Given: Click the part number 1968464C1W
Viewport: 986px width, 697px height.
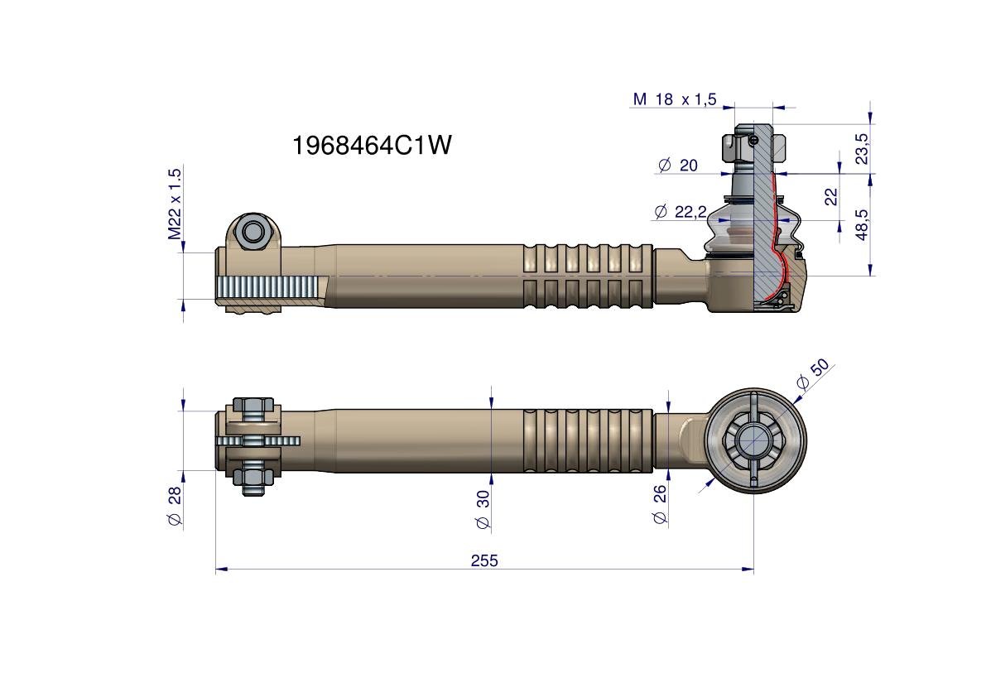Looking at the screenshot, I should pos(372,146).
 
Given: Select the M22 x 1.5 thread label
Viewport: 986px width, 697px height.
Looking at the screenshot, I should pos(175,204).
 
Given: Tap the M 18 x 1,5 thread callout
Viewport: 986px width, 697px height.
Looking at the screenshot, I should pos(674,99).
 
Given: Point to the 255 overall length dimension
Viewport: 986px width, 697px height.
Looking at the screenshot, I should pos(484,560).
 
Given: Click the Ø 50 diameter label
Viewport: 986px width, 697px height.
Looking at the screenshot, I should pos(811,374).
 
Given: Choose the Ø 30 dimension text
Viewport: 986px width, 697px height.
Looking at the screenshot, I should pos(483,509).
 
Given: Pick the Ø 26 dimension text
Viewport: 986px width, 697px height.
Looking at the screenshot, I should pos(660,505).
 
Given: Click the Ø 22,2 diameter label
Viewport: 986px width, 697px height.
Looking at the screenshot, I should pos(685,212).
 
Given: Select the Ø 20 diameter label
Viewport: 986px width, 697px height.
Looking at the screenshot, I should pos(678,166).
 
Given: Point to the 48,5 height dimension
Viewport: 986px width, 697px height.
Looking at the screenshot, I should pos(863,224).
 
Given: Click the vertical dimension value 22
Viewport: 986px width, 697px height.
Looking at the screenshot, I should pos(831,197).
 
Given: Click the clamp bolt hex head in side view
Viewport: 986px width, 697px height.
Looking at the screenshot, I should pos(252,232).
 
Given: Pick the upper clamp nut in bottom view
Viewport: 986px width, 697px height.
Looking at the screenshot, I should pos(253,406).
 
